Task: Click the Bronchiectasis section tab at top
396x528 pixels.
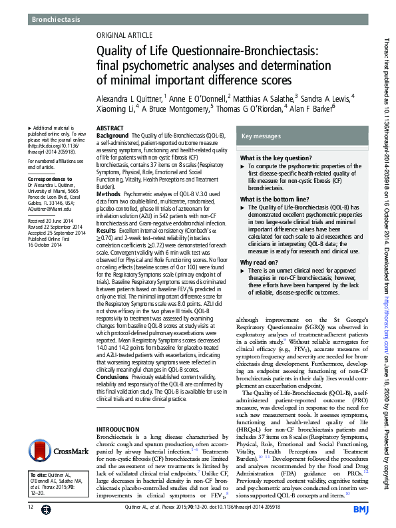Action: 56,20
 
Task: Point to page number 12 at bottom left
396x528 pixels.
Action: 31,507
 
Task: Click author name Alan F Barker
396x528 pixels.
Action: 309,108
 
